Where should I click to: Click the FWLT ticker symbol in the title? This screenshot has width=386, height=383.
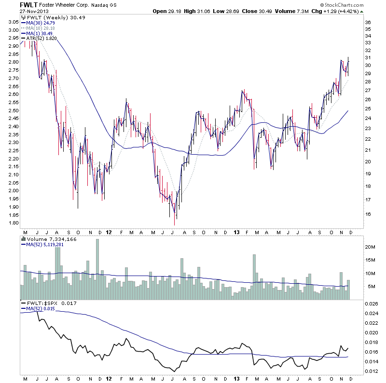[x=27, y=5]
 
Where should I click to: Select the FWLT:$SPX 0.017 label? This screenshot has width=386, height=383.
[x=49, y=304]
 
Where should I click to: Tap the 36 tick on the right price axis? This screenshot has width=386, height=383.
[x=367, y=23]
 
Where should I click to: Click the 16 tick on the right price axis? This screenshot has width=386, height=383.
[x=367, y=214]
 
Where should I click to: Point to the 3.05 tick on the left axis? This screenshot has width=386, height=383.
[x=14, y=22]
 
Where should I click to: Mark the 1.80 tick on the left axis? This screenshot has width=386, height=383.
[x=14, y=223]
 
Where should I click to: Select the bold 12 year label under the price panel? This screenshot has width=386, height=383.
[x=108, y=231]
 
